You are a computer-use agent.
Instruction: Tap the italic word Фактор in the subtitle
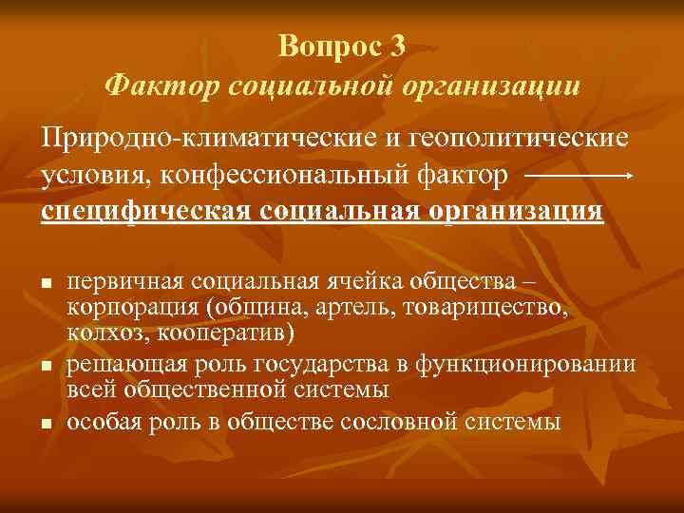[x=161, y=86]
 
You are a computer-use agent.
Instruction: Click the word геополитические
[x=519, y=139]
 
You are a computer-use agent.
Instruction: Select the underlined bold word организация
[x=508, y=209]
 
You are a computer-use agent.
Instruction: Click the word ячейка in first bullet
[x=367, y=281]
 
